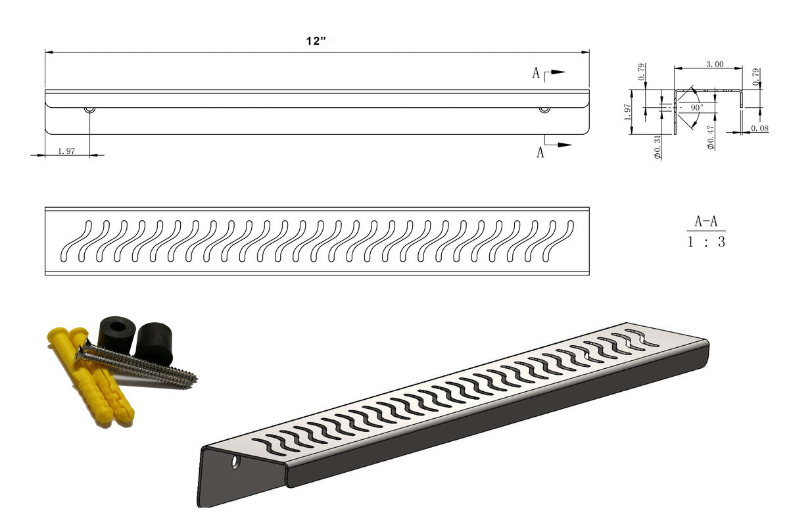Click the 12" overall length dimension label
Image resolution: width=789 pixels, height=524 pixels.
[x=316, y=41]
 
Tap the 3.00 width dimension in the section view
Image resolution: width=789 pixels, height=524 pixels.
[x=715, y=64]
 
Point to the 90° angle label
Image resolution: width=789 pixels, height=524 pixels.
[x=697, y=107]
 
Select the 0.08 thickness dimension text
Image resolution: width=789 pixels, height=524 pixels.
[x=759, y=128]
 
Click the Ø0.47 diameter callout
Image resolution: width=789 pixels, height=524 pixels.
[x=711, y=137]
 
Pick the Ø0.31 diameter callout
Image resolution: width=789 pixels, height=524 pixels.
[x=657, y=147]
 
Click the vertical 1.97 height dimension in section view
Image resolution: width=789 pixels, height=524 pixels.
[x=627, y=112]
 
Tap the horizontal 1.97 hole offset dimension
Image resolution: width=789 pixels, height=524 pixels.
[x=66, y=151]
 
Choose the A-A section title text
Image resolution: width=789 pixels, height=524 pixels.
[x=706, y=222]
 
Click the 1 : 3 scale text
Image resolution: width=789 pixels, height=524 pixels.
[x=706, y=242]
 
